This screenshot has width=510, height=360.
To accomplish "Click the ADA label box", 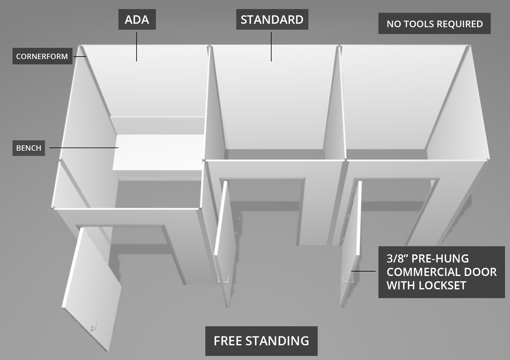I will coord(137,19).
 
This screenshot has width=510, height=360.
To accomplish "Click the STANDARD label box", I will coord(272,19).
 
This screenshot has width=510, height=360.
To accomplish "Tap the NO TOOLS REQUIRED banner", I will coord(434,24).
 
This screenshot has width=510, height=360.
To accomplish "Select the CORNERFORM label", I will coord(42,56).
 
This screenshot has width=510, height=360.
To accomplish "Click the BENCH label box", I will coord(29,148).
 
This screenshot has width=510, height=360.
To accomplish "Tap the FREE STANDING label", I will coord(261,341).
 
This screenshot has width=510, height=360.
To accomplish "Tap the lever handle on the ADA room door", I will coord(93,327).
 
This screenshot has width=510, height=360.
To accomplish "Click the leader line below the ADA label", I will coord(137,47).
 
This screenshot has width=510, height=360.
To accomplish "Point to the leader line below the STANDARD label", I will coord(271,47).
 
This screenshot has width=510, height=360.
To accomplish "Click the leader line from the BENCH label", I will coord(84,147).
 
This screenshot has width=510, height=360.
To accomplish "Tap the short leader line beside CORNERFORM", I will coord(80,56).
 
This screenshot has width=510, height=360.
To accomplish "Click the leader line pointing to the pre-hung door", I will coord(364,271).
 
